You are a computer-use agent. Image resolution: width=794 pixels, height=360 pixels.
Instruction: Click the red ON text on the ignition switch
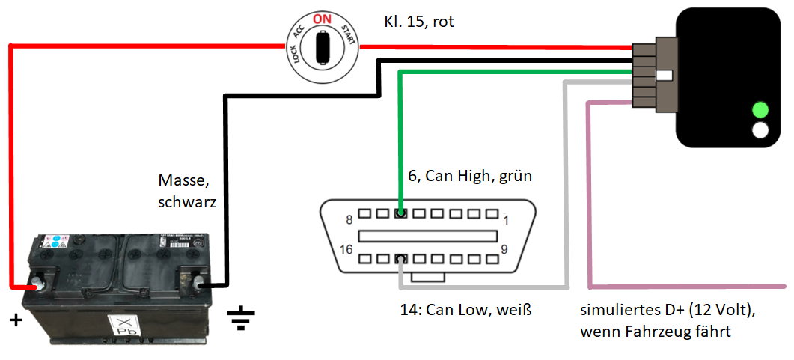322,19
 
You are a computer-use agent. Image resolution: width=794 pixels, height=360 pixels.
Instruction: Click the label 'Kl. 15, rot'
419,22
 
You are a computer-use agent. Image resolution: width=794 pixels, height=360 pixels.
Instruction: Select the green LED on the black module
761,109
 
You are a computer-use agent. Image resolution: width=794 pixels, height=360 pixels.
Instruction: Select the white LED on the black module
761,129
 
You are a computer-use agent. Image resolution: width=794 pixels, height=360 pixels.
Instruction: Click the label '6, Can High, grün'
469,177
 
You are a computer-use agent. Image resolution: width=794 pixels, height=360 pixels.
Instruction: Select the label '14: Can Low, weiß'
465,309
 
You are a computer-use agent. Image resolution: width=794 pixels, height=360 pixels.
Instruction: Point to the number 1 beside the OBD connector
506,219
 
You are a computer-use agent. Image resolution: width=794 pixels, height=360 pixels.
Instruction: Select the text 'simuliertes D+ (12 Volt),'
668,311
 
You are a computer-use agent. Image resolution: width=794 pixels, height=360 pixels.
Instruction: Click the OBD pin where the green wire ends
401,214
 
